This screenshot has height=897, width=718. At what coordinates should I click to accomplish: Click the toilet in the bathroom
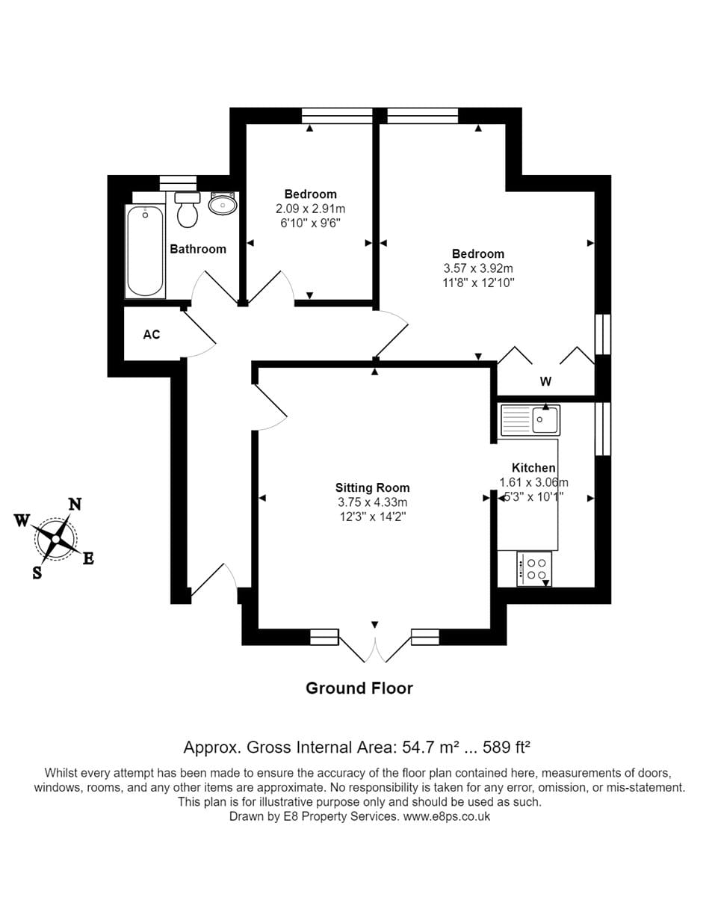[x=187, y=209]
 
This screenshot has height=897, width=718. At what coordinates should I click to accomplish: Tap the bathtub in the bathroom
[x=145, y=251]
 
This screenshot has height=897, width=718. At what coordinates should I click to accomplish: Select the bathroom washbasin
[x=223, y=203]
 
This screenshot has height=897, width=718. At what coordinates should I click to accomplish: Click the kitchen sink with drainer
[x=530, y=420]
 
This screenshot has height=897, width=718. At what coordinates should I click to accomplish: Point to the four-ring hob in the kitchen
[x=534, y=569]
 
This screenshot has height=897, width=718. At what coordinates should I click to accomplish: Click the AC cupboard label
[x=151, y=335]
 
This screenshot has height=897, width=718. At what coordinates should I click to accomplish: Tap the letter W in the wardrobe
[x=545, y=381]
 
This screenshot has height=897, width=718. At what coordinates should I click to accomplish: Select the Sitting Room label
[x=373, y=487]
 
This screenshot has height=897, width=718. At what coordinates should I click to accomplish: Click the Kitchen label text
[x=533, y=468]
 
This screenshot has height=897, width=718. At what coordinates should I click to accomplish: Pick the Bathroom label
[x=198, y=249]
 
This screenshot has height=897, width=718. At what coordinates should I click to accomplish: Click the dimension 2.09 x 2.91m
[x=311, y=209]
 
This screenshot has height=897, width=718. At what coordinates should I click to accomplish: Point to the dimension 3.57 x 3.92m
[x=478, y=268]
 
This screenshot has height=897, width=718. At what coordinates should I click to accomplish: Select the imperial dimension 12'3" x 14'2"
[x=373, y=517]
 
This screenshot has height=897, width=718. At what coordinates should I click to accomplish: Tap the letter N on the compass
[x=75, y=505]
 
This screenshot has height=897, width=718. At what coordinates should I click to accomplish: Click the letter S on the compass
[x=37, y=573]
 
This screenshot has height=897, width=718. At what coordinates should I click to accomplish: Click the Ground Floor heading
[x=359, y=688]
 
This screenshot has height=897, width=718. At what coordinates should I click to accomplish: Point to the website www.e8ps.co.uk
[x=447, y=816]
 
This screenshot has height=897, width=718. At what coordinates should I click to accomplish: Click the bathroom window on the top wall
[x=178, y=183]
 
